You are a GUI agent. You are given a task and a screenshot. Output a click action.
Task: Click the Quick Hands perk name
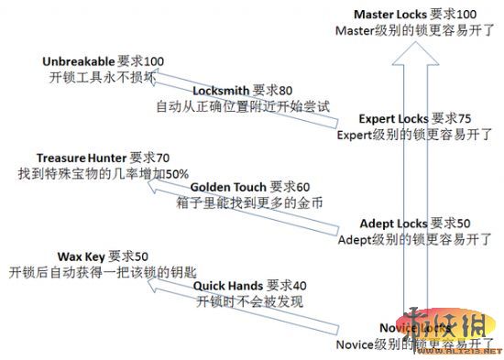point(228,285)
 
